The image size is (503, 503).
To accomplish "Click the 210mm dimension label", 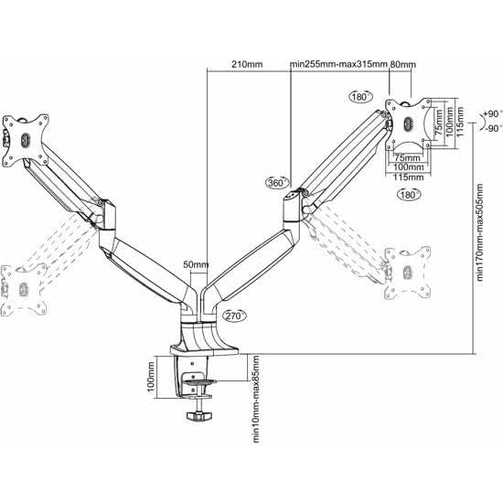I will click(x=248, y=64).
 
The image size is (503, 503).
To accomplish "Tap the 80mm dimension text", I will click(x=402, y=64).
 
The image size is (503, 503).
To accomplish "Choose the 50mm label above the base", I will click(x=196, y=265).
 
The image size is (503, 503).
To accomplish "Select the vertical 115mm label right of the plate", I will click(x=461, y=120).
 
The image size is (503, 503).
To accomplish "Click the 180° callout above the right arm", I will click(x=359, y=95).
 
